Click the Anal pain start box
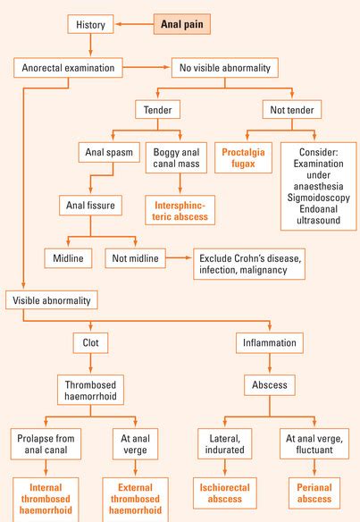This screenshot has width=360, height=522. pos(182,24)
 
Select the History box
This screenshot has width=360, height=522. pos(90,24)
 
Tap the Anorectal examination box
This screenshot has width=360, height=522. pos(68,68)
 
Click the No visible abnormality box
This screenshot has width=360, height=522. pos(225,68)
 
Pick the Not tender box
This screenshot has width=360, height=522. pos(292,110)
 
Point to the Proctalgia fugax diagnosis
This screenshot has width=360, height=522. pos(243,158)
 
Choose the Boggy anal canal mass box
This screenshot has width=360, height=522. pos(176,158)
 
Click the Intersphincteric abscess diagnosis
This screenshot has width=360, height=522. pos(180,210)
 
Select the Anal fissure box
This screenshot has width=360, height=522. pos(90,205)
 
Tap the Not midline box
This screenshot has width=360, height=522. pos(136,258)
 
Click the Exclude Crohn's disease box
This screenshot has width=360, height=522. pos(249,264)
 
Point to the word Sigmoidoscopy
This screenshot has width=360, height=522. pos(318,198)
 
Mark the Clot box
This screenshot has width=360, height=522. pos(90,343)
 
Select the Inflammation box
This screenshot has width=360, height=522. pos(270,343)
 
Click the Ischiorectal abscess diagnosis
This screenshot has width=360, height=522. pos(225,493)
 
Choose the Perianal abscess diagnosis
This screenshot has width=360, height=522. pos(314,493)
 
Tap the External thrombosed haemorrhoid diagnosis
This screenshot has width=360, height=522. pos(136,500)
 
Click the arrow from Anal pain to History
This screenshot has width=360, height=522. pos(134,24)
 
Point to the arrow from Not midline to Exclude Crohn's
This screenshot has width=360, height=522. pos(179,257)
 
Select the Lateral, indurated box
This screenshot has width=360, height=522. pos(225,444)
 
